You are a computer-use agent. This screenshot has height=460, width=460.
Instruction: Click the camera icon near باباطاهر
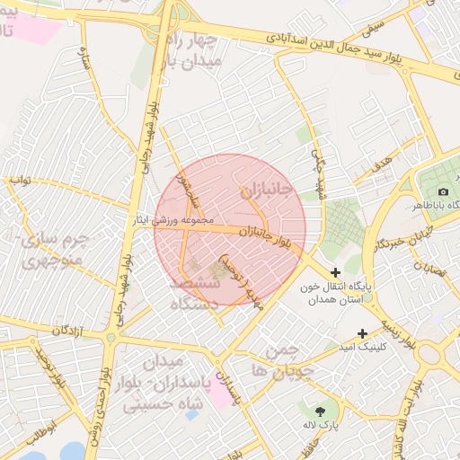(x=443, y=192)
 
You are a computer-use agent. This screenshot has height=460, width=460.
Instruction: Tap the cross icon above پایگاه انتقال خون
(x=336, y=272)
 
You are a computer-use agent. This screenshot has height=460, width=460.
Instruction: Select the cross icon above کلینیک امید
(x=363, y=332)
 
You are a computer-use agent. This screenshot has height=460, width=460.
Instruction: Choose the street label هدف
(x=381, y=163)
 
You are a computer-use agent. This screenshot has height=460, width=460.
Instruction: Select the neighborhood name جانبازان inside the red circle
(x=266, y=190)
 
